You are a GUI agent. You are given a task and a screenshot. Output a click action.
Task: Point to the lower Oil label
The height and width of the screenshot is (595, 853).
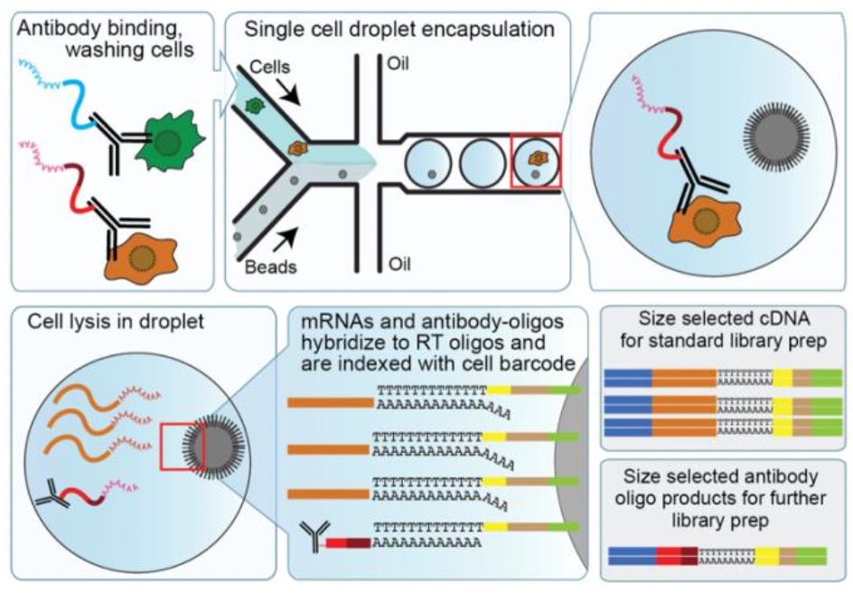click(398, 264)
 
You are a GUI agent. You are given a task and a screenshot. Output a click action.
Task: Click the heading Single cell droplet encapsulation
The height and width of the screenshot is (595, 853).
click(399, 30)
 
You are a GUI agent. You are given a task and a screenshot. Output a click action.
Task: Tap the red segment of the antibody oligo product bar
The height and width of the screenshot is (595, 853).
click(669, 554)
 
